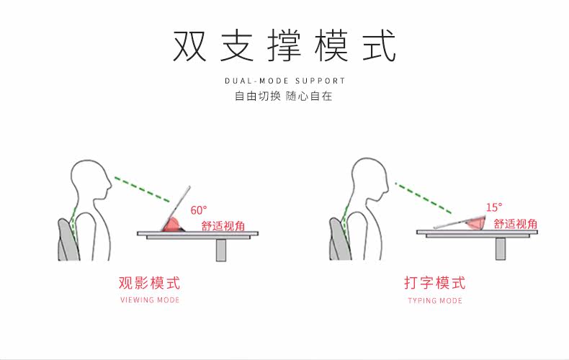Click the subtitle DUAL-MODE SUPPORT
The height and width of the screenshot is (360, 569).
point(284,81)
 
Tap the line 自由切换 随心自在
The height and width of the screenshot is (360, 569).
point(284,96)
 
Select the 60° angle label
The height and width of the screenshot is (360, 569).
point(199,210)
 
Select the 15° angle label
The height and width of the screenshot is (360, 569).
point(494,207)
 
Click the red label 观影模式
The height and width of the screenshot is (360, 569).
point(149,282)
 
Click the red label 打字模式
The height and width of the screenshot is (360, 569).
point(435,282)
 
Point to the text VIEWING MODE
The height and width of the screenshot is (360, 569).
point(149,300)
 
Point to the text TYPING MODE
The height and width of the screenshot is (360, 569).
point(435,300)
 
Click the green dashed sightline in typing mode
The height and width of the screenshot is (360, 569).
point(424,198)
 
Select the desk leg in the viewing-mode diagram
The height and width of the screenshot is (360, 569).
point(222,248)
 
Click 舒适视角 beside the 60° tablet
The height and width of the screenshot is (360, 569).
point(223,225)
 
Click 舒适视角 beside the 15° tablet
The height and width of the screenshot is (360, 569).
point(515,224)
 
